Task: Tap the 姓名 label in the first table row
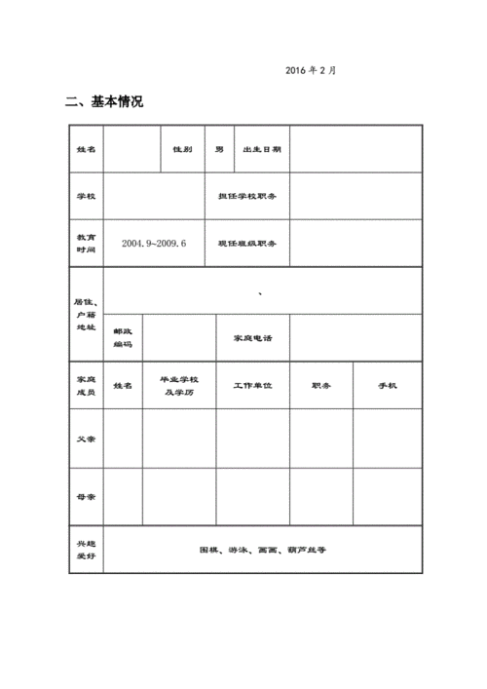86,149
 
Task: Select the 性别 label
182,149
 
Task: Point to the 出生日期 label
261,149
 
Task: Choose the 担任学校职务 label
247,196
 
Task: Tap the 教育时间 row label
86,243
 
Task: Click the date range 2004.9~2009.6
154,243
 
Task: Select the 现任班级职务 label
247,243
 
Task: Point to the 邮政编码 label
123,337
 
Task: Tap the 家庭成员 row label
86,385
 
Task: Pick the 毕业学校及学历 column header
179,385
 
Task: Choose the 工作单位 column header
252,386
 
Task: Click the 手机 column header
387,386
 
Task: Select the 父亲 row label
86,439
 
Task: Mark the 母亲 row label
86,497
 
